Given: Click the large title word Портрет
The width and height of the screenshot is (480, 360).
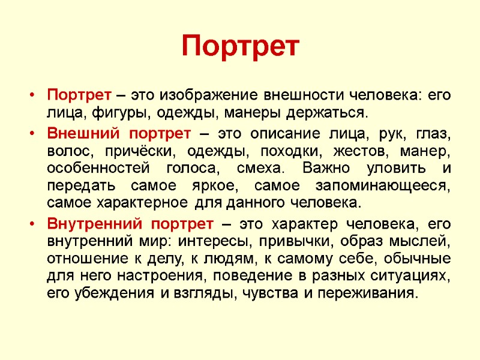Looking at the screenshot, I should (x=239, y=46).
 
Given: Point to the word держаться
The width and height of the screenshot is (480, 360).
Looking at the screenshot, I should (x=328, y=112).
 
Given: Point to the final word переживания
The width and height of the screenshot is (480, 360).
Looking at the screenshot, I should (x=365, y=294).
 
